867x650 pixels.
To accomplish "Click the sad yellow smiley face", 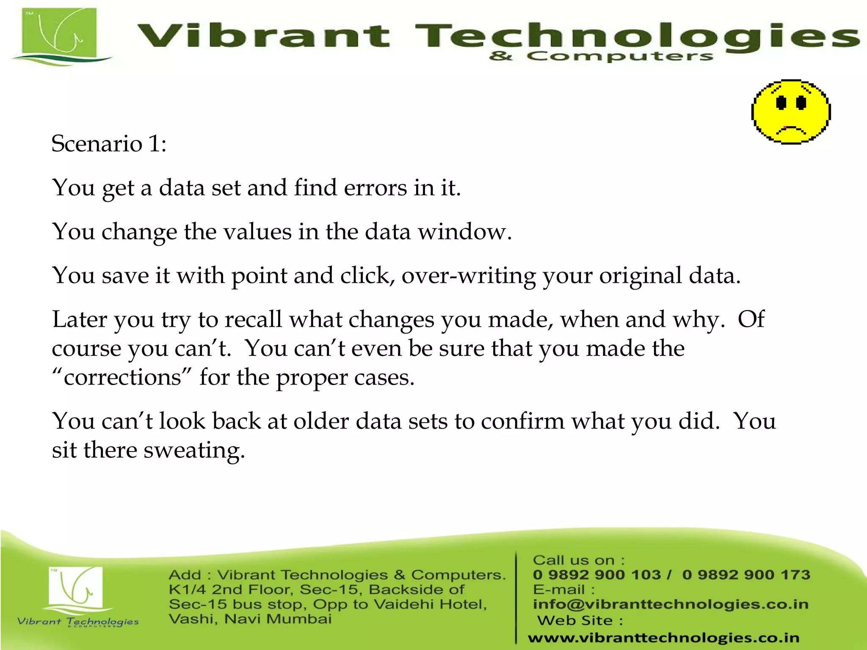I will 790,112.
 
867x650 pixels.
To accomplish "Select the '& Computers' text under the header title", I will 601,56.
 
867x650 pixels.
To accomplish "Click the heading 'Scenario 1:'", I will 109,143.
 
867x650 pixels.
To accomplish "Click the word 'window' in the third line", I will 464,232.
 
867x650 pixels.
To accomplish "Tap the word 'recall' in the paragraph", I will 253,319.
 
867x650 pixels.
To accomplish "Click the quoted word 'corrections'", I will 122,377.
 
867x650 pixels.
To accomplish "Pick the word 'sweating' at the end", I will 194,450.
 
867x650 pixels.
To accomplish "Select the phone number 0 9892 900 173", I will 746,575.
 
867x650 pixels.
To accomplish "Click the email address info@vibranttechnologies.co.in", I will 671,604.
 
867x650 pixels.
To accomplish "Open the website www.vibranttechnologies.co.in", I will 663,637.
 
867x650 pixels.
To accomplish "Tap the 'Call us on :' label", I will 578,560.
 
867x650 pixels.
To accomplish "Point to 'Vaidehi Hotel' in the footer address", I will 430,604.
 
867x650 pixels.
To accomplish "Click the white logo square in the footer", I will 75,587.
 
